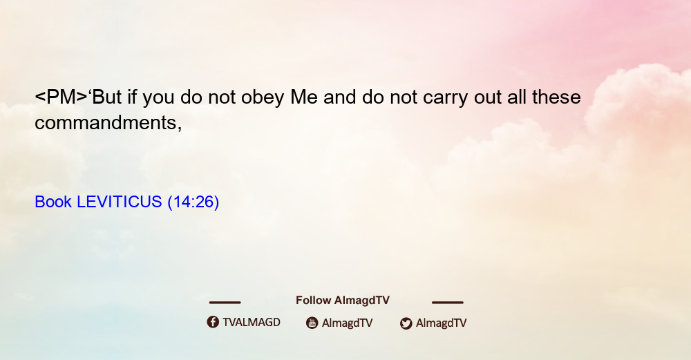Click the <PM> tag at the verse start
61,97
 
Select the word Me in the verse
303,97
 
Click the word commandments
108,123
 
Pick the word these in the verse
556,97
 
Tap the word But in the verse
107,97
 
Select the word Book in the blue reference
53,202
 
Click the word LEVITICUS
120,202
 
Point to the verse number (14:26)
193,202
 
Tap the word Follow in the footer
313,300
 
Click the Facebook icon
213,322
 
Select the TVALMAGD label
252,322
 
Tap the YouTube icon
312,323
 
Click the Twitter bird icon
406,323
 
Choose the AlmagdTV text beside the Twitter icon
441,323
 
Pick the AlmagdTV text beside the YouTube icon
348,323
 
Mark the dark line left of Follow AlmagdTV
225,302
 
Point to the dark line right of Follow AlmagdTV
448,302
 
